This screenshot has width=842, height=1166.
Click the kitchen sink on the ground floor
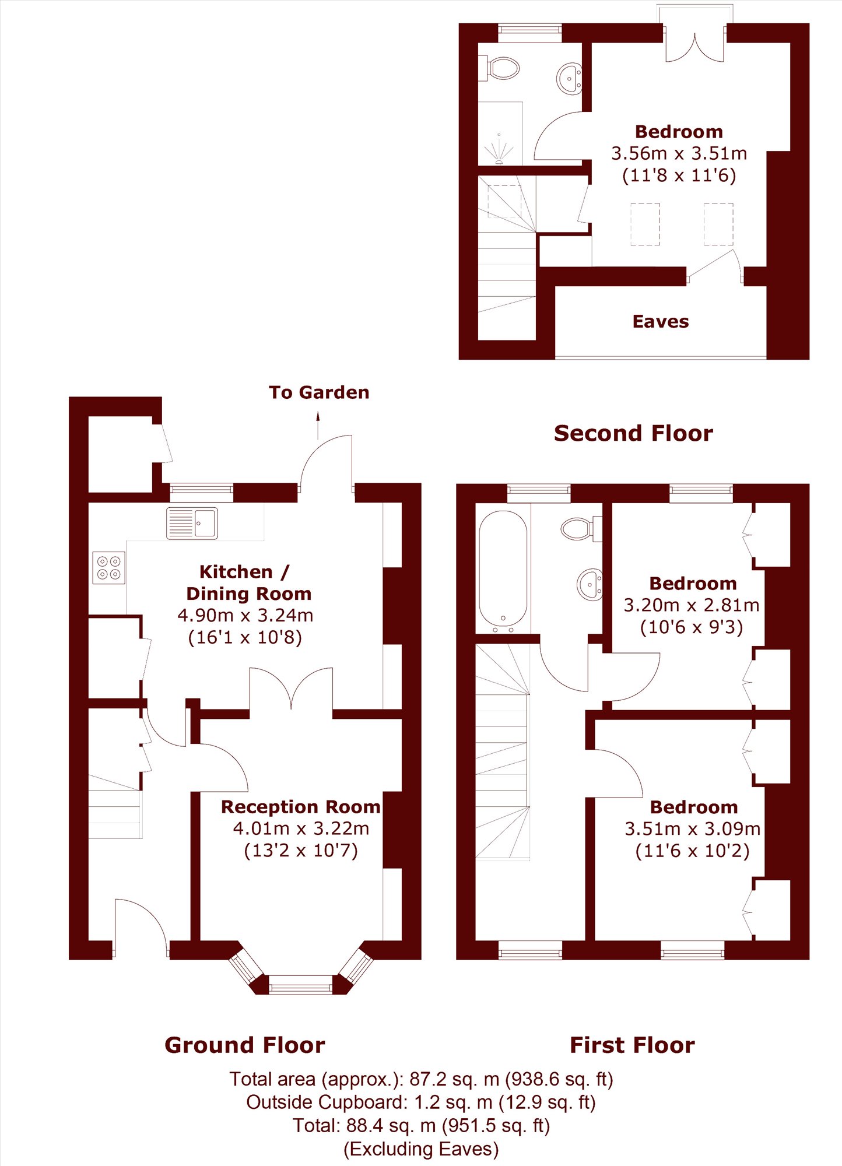tap(192, 523)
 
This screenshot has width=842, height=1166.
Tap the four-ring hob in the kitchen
tap(109, 567)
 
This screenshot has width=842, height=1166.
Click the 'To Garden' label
tap(319, 392)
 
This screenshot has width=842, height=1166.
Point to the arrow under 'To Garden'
tap(318, 425)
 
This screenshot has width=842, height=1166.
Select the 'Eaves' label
tap(661, 321)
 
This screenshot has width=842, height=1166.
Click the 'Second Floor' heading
tap(633, 433)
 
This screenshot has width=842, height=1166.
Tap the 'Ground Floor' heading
tap(245, 1045)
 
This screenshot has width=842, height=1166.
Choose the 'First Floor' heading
tap(632, 1045)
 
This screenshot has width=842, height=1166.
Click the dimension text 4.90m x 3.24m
tap(245, 615)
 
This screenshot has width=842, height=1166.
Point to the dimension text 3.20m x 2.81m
tap(692, 605)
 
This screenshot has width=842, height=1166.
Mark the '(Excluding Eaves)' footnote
tap(421, 1149)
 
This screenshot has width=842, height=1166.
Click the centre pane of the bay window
tap(300, 985)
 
